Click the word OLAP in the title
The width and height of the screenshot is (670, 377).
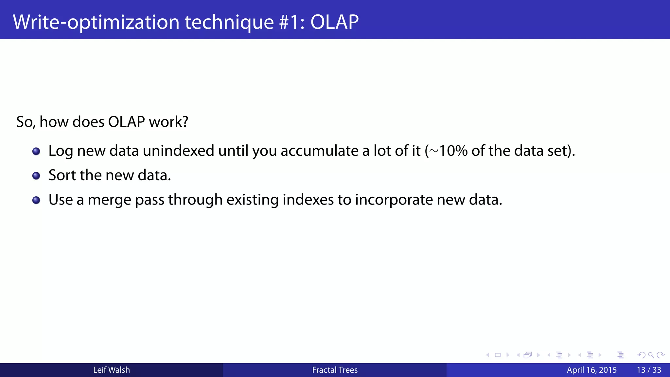334,22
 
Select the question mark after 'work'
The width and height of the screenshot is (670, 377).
185,122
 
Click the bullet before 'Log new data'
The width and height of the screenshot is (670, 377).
36,151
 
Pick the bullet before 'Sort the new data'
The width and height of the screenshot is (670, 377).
36,176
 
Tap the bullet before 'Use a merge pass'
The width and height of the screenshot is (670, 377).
36,200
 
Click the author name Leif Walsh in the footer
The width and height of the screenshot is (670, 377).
112,370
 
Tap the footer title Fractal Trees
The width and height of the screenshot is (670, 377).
335,370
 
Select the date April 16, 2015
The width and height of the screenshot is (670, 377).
591,370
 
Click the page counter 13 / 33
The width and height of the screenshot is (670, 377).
649,370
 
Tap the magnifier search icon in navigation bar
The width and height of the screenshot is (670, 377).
651,355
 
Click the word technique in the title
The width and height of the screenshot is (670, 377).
229,22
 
